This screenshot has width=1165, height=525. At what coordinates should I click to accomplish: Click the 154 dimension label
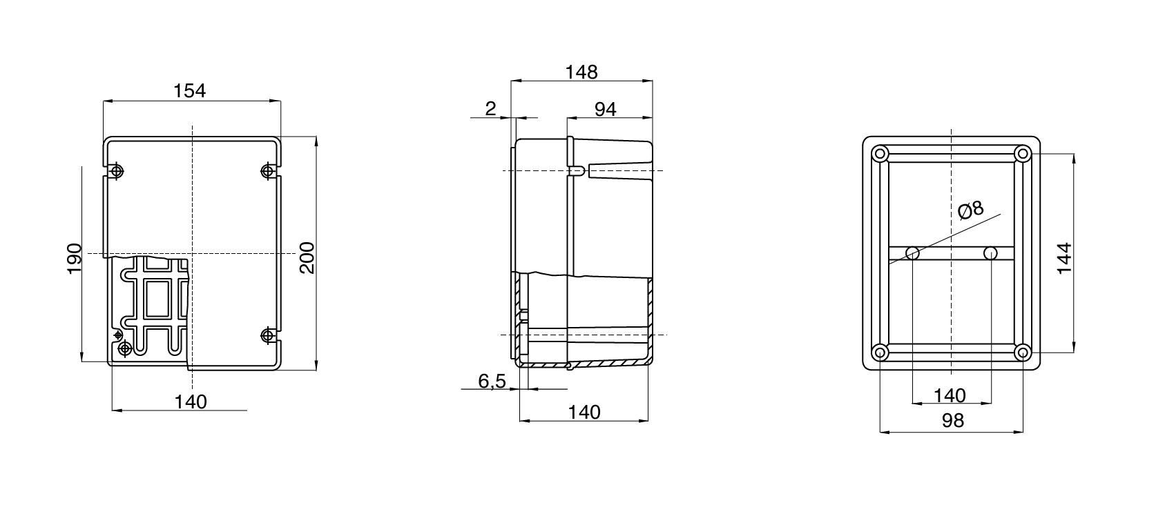(190, 90)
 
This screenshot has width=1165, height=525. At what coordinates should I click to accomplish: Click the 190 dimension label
(75, 258)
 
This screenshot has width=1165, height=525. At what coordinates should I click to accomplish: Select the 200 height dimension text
(307, 257)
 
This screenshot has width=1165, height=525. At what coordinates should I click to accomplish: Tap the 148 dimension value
(581, 72)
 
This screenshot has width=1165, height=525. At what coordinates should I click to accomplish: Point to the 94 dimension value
(605, 109)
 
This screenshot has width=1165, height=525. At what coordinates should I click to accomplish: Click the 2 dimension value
(491, 108)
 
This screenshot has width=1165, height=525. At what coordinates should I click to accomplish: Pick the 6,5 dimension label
(492, 380)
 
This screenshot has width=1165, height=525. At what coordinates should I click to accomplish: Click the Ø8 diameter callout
(970, 210)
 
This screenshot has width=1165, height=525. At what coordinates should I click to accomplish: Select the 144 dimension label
(1064, 258)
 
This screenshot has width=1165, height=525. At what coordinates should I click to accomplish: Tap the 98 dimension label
(952, 420)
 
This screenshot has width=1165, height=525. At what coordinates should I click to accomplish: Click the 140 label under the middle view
(584, 412)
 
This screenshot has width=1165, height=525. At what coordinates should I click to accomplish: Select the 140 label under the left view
(191, 402)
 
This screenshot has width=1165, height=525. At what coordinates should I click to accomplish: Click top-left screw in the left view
(116, 170)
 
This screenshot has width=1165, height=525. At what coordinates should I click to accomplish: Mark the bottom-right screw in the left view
(269, 335)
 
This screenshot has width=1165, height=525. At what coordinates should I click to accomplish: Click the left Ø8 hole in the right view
(912, 253)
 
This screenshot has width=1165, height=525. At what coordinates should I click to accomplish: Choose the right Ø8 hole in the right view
(990, 253)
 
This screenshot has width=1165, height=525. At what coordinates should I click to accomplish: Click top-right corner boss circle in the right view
(1023, 153)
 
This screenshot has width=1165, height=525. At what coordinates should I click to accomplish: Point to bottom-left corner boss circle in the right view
(880, 353)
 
